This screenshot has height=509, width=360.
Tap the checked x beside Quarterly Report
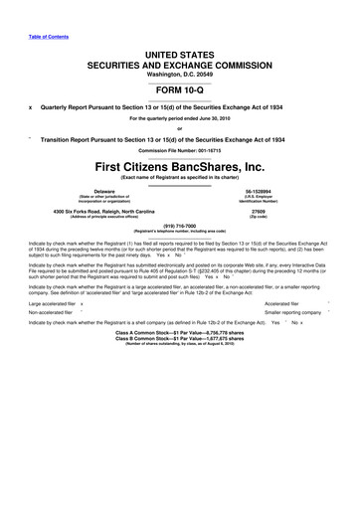point(32,113)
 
